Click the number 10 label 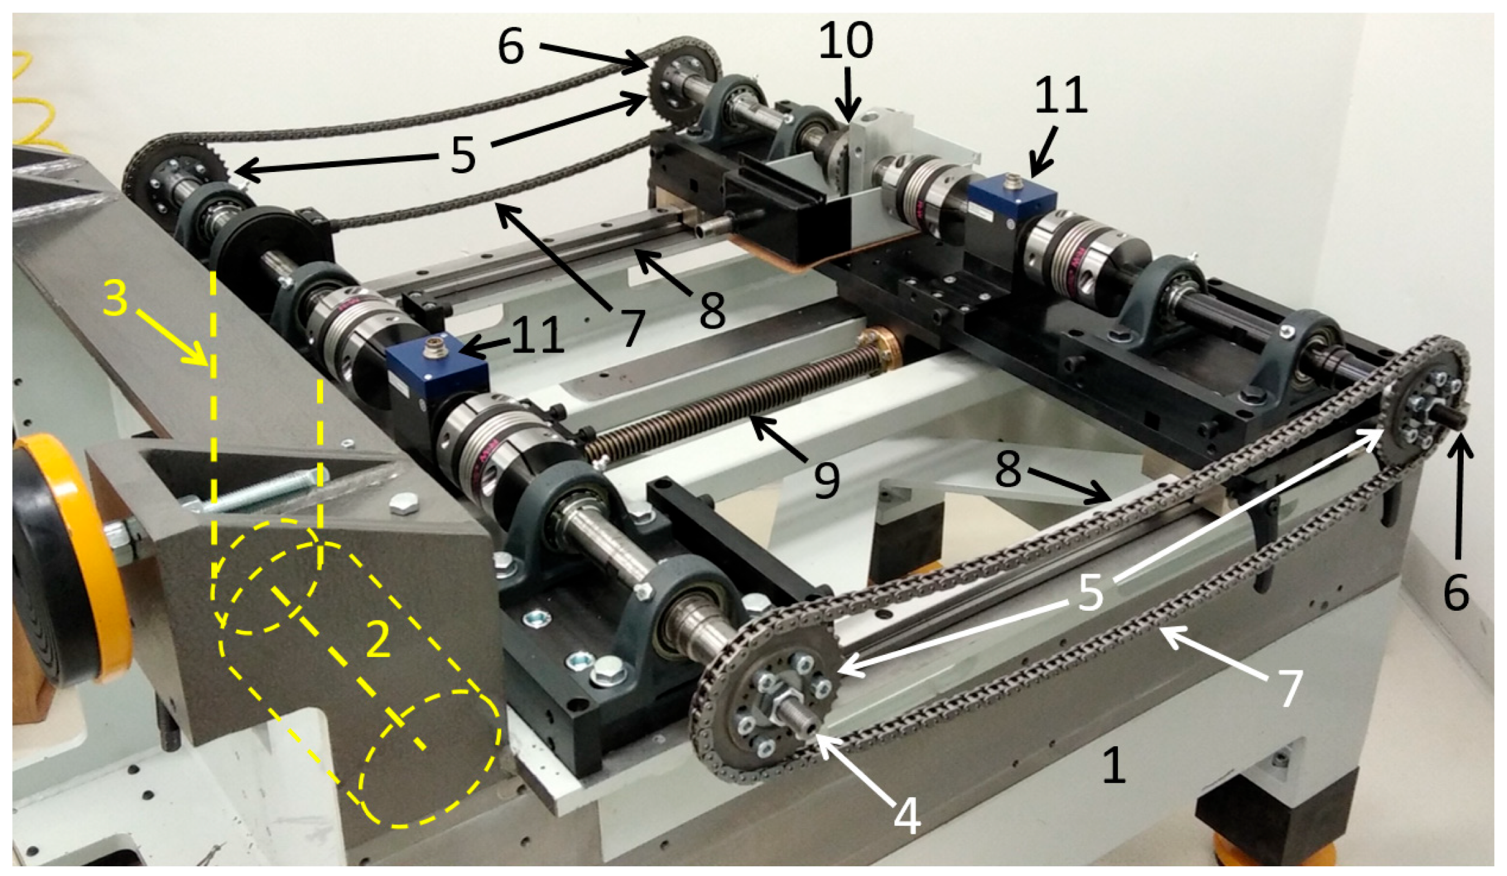point(845,41)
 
